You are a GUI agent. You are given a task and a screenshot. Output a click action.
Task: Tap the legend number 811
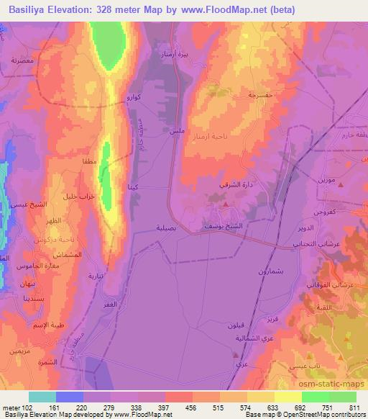352,406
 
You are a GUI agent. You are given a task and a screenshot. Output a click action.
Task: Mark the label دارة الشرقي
235,184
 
